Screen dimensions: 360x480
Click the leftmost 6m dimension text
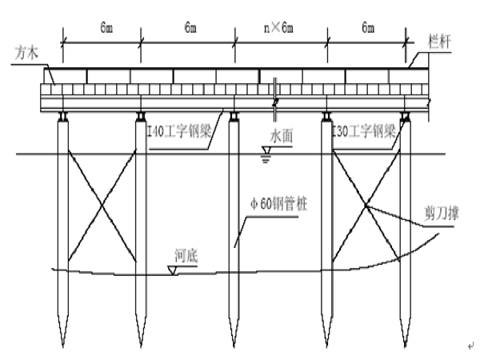coord(106,28)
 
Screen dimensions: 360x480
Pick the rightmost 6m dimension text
coord(368,28)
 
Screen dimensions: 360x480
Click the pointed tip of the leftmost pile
coord(61,344)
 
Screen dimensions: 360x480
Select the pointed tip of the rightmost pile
coord(406,345)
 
